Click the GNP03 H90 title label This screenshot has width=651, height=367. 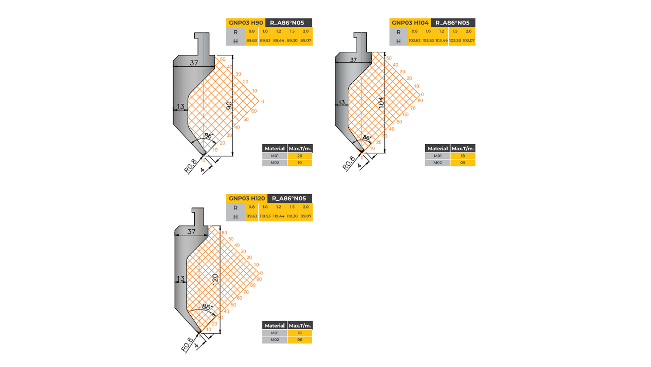(246, 23)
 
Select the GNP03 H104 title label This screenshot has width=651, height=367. (410, 23)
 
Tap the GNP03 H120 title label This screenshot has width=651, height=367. (247, 198)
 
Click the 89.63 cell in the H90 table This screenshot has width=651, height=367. (252, 41)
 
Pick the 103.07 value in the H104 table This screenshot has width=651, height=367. (468, 41)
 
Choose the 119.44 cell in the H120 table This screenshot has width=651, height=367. (278, 216)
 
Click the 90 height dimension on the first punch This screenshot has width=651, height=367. (229, 106)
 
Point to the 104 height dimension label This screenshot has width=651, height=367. (381, 102)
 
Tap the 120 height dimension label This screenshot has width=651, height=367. (215, 280)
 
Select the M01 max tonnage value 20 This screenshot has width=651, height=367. (299, 156)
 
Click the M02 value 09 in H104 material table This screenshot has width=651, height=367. (463, 163)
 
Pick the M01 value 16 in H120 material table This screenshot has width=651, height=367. (299, 333)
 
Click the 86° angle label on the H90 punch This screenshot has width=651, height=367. (208, 136)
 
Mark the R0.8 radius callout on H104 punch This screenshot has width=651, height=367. (348, 163)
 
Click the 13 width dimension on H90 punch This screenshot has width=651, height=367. (180, 106)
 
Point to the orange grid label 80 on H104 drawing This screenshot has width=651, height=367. (420, 101)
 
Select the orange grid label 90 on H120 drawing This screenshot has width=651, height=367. (259, 279)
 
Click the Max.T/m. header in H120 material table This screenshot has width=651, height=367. (300, 326)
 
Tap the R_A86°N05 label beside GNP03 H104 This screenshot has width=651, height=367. (452, 23)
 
